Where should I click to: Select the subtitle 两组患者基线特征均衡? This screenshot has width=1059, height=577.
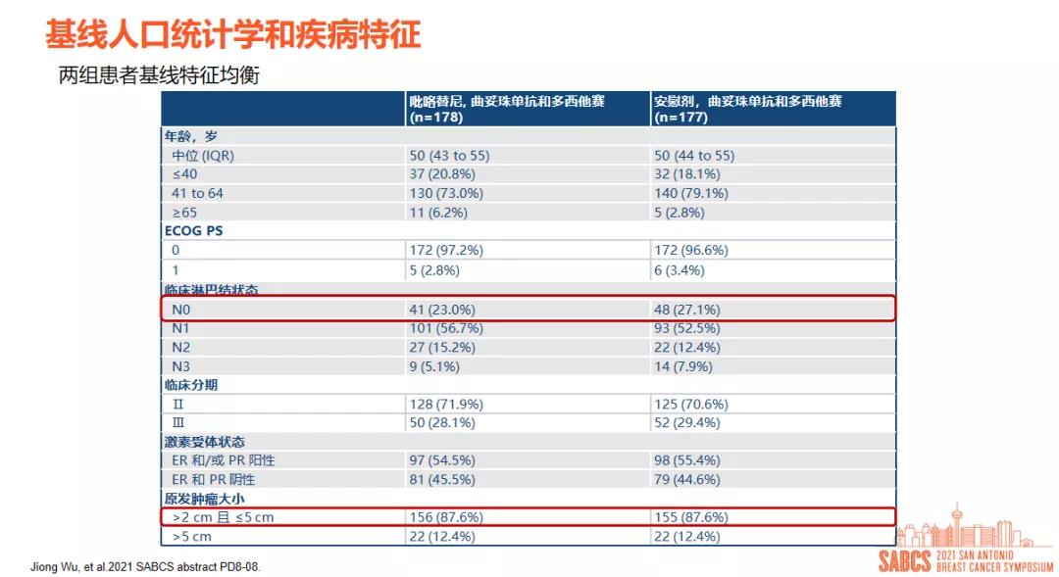(159, 76)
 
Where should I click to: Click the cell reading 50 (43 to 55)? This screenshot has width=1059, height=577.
(449, 155)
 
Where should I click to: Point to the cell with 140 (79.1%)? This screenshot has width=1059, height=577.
(690, 193)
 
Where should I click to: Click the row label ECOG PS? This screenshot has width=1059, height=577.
(193, 231)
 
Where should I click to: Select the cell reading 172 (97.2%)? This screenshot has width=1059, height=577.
(446, 250)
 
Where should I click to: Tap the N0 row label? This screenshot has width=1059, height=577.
(182, 310)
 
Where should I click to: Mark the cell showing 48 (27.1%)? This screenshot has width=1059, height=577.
(686, 310)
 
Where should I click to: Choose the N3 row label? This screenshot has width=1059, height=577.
(182, 366)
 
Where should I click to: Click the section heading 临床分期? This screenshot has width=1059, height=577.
(191, 385)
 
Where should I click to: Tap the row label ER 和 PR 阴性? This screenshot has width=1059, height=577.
(214, 480)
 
